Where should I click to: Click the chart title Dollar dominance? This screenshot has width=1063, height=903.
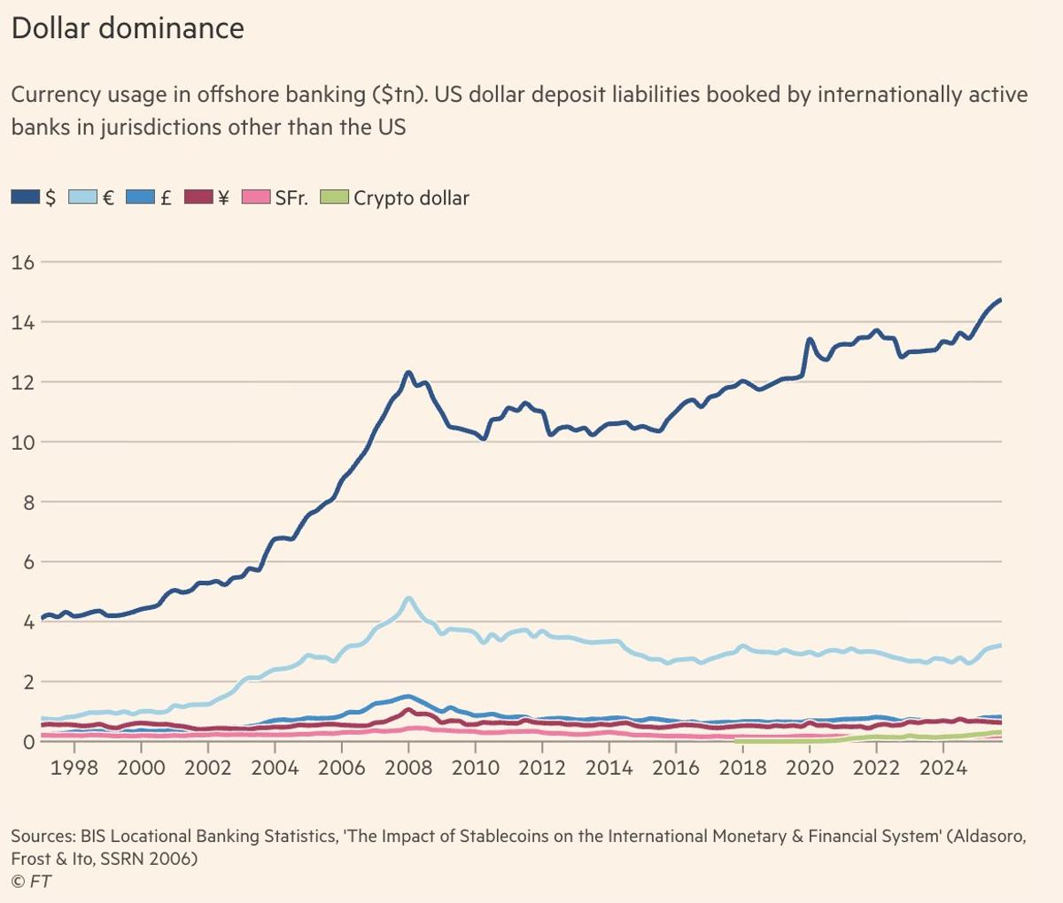128,28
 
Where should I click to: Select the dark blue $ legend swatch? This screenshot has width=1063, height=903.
26,197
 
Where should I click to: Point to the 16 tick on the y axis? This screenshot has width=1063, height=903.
22,262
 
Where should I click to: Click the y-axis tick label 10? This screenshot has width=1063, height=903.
22,442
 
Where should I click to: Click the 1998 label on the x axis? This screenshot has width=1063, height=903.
74,768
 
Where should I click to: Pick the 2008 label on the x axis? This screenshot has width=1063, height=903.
408,768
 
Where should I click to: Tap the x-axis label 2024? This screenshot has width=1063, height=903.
943,768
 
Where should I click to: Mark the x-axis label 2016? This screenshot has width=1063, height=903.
676,768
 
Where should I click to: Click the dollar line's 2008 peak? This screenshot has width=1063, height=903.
408,373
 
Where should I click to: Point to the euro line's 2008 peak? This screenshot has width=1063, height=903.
408,599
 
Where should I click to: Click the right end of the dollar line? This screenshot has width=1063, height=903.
1000,300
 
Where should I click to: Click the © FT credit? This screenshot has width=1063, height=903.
31,881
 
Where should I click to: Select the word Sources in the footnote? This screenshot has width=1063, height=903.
42,836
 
